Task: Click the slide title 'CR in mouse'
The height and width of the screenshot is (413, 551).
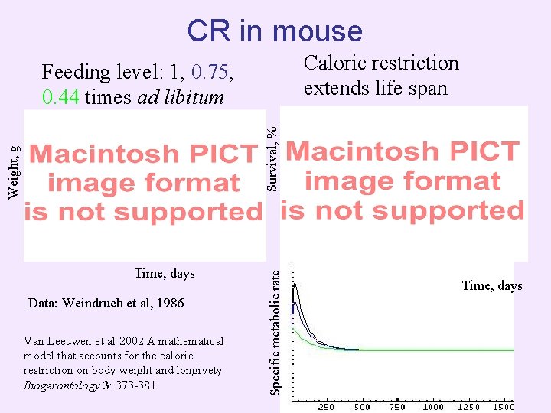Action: (275, 31)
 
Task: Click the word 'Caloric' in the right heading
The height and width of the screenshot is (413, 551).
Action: (337, 63)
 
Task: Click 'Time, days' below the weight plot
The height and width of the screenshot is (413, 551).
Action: (164, 273)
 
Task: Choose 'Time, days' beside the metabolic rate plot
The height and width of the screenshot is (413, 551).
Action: (491, 285)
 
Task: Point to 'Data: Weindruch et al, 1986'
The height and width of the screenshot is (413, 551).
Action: (106, 303)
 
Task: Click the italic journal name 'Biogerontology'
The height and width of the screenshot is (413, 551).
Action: (62, 385)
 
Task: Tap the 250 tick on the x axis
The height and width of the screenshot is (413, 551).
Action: (326, 406)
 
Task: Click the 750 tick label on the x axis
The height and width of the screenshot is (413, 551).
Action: (396, 406)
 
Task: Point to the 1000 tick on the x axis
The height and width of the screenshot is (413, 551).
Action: (432, 406)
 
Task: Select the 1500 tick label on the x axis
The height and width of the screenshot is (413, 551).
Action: (504, 406)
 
